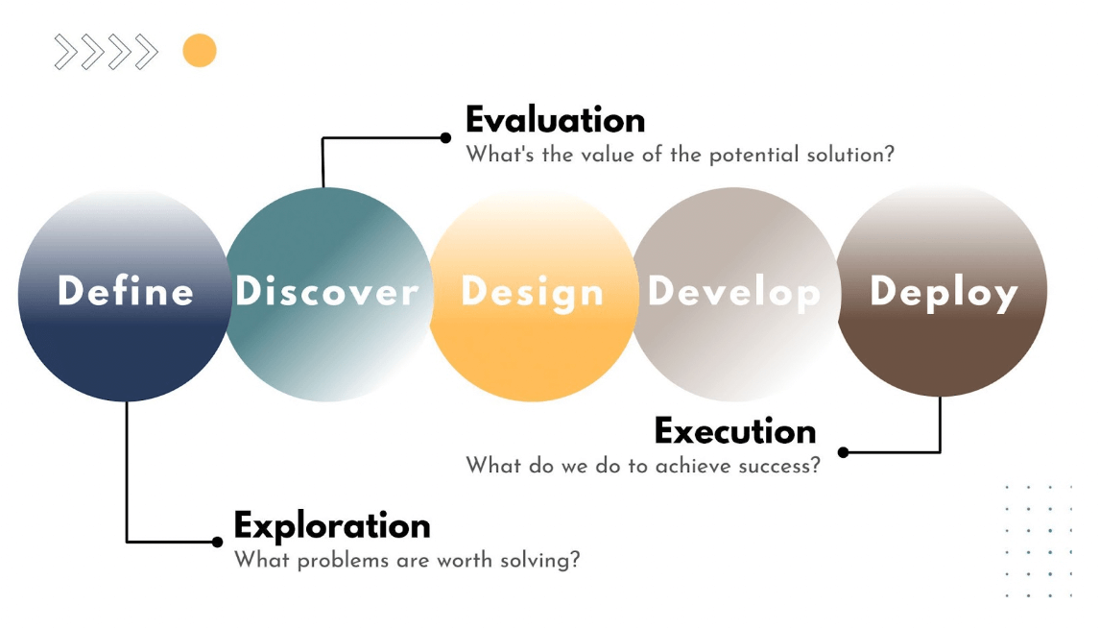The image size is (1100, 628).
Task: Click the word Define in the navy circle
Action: coord(126,291)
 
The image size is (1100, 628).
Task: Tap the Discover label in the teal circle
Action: coord(327,291)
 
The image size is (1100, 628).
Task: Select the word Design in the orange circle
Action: coord(533,293)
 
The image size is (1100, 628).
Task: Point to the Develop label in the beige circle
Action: coord(733,293)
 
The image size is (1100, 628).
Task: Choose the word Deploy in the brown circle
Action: coord(944,293)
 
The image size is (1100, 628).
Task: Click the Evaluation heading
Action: coord(556,120)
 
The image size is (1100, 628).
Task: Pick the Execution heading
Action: coord(735,431)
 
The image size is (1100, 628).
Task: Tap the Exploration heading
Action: coord(332,525)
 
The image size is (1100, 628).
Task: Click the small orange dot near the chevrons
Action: coord(200,51)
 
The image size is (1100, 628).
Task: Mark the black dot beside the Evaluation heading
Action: coord(445,137)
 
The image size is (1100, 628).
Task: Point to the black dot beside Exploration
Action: coord(218,542)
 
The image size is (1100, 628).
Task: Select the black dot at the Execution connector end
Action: coord(844,452)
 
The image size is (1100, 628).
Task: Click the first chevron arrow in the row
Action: coord(65,52)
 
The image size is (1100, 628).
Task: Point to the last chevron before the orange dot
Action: coord(147,52)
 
